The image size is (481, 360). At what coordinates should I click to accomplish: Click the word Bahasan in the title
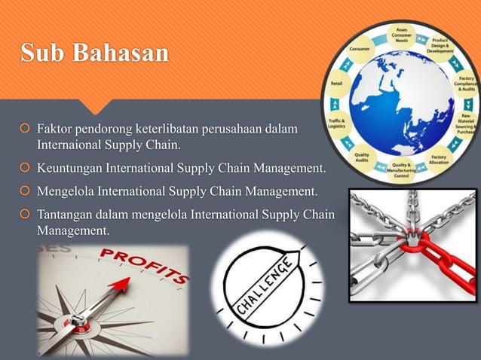pyautogui.click(x=118, y=55)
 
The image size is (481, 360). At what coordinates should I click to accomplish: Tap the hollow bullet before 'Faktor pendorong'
pyautogui.click(x=23, y=131)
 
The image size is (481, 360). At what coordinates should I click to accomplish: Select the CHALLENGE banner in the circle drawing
pyautogui.click(x=265, y=286)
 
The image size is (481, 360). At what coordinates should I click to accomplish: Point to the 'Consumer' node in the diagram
pyautogui.click(x=359, y=49)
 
